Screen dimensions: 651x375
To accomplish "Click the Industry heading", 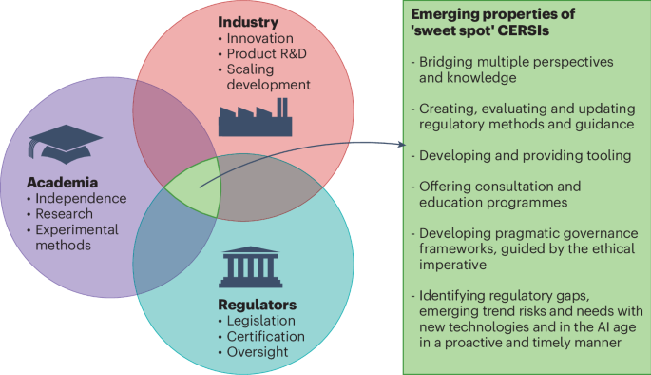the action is pyautogui.click(x=248, y=22).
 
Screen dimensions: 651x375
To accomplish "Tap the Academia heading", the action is pyautogui.click(x=63, y=183).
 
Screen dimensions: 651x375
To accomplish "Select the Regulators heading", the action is pyautogui.click(x=257, y=305).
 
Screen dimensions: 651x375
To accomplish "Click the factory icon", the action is pyautogui.click(x=256, y=117).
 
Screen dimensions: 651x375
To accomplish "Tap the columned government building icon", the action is pyautogui.click(x=250, y=266).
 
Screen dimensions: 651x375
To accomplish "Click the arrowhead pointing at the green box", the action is pyautogui.click(x=402, y=145).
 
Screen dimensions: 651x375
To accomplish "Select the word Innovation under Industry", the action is pyautogui.click(x=259, y=38).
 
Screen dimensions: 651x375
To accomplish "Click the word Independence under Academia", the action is pyautogui.click(x=81, y=198).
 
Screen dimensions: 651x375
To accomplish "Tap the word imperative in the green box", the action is pyautogui.click(x=452, y=265).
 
